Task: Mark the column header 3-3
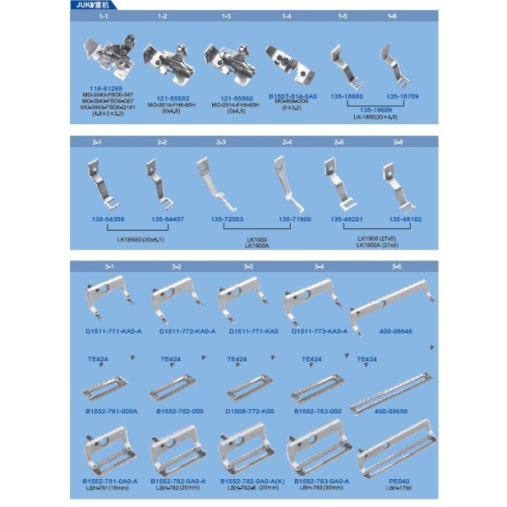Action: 248,266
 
